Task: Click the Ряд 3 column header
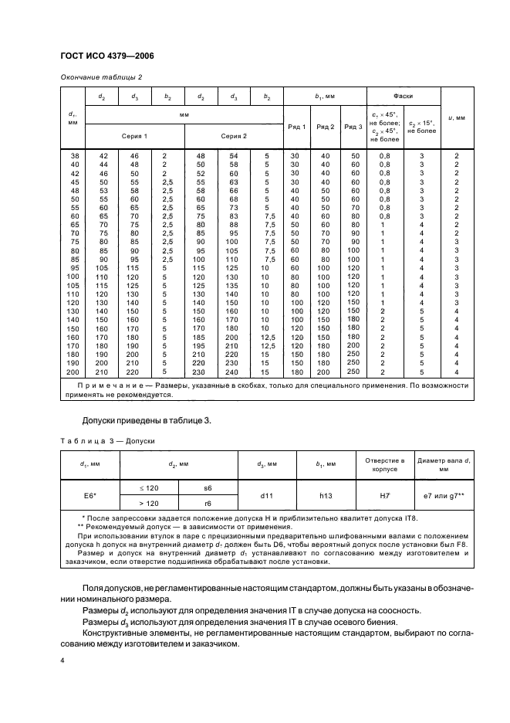[x=353, y=127]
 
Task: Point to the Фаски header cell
[x=402, y=97]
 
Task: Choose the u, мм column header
[x=457, y=117]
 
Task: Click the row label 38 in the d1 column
[x=75, y=156]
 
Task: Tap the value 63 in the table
[x=232, y=182]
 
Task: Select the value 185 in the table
[x=200, y=338]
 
